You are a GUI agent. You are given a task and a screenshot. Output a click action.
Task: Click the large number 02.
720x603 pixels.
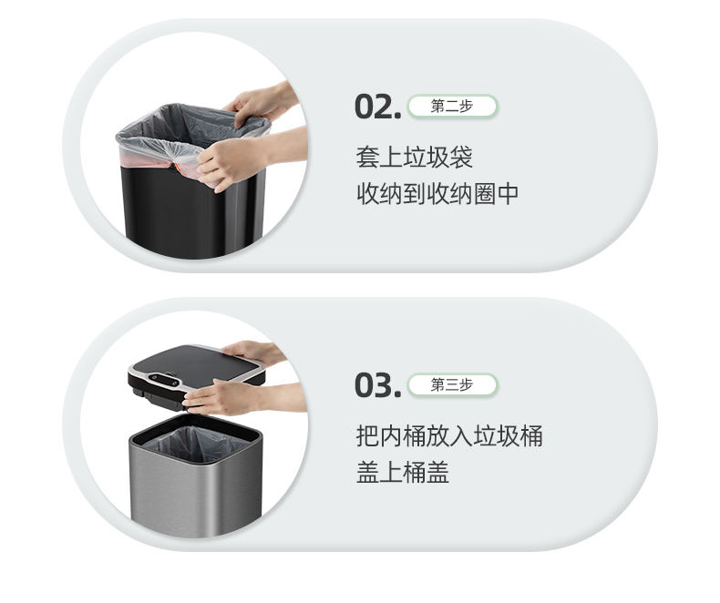[x=377, y=107]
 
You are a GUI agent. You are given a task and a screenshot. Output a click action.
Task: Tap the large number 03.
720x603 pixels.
[x=377, y=385]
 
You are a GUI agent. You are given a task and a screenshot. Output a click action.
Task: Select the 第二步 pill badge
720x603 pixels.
[x=452, y=107]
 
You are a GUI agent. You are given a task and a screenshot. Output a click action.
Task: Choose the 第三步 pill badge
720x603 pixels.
[x=452, y=384]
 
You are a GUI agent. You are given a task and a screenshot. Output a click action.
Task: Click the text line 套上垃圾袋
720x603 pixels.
[x=414, y=158]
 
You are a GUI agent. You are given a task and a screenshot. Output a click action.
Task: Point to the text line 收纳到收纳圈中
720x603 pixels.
[x=437, y=194]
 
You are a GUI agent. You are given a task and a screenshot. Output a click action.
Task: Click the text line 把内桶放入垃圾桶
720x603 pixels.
[x=449, y=435]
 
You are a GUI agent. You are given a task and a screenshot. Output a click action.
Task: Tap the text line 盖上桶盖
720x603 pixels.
[x=403, y=472]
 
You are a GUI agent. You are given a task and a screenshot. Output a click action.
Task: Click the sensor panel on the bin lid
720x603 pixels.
[x=163, y=380]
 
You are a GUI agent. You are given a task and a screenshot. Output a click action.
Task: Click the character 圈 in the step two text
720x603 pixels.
[x=485, y=194]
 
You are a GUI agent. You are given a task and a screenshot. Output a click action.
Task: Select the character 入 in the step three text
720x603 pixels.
[x=461, y=435]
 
